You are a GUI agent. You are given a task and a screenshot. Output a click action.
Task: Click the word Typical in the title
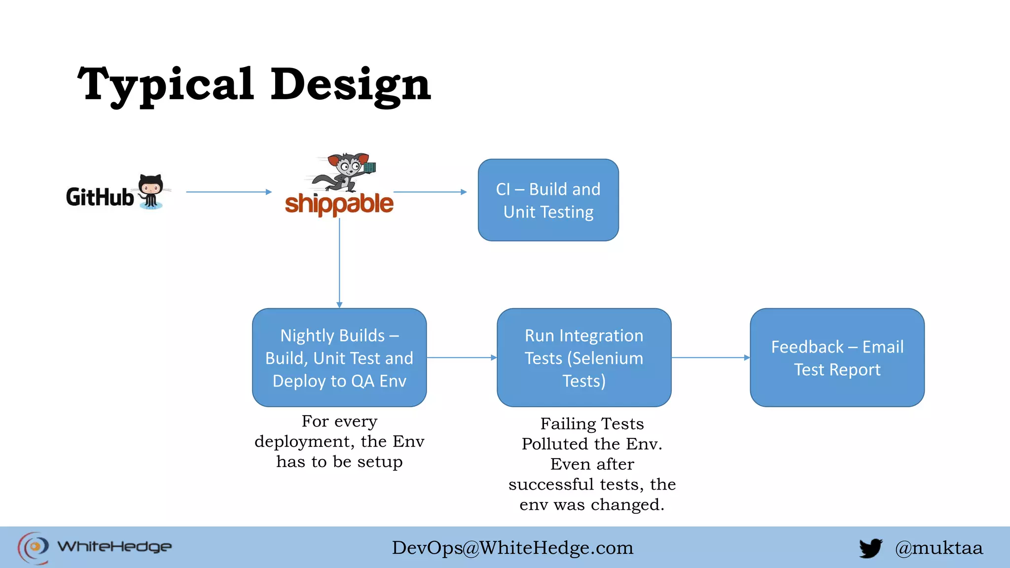click(166, 85)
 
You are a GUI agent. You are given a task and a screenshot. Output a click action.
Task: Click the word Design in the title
click(351, 85)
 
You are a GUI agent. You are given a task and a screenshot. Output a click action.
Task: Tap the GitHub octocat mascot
click(151, 191)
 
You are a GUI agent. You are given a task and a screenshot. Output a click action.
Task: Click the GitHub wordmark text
click(100, 197)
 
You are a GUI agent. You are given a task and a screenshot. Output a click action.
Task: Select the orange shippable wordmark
click(339, 204)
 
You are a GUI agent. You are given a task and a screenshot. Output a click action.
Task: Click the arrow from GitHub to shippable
click(228, 192)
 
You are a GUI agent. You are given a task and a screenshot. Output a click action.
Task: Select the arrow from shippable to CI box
click(430, 192)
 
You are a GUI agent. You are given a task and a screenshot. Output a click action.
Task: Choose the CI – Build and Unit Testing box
click(548, 200)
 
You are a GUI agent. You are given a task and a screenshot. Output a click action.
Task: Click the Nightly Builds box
click(339, 358)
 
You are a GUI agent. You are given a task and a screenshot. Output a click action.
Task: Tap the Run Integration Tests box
click(584, 358)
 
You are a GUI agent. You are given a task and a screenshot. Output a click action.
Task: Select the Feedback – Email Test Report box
click(837, 358)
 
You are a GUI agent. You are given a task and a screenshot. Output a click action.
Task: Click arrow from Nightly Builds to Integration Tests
click(462, 357)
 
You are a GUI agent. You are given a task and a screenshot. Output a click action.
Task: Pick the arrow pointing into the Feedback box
click(711, 357)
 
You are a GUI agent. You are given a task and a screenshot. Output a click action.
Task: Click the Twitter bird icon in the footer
click(870, 548)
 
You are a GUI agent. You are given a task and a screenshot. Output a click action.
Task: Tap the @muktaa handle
click(939, 548)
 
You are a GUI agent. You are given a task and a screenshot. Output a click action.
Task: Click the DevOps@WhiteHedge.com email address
click(512, 548)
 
